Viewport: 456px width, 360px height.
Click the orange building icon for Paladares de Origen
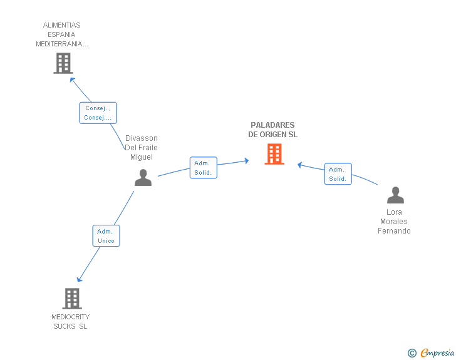[274, 154]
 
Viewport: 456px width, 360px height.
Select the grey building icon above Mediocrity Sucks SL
[72, 299]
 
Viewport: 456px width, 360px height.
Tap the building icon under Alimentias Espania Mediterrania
[63, 63]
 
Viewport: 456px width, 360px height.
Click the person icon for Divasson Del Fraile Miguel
[143, 177]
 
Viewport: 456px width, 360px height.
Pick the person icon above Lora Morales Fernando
[395, 195]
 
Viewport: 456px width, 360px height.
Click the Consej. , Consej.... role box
[98, 113]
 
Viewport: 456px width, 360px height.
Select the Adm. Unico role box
[106, 236]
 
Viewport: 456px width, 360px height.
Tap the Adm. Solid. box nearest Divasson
[204, 168]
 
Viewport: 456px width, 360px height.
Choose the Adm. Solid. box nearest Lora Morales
[338, 174]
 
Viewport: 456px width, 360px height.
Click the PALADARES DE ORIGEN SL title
[273, 130]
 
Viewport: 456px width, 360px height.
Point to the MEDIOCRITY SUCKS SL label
[70, 321]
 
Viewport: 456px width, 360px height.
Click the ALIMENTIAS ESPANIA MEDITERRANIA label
[62, 34]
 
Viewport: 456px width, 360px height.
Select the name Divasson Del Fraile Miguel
[142, 147]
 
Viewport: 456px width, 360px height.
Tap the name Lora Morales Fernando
[394, 221]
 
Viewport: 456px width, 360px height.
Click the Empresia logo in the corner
[437, 352]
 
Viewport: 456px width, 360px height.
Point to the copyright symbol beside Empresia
[412, 353]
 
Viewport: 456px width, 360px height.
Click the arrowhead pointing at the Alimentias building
[72, 80]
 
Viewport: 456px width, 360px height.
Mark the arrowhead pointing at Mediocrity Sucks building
[79, 280]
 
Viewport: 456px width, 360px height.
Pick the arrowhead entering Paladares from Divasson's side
[247, 161]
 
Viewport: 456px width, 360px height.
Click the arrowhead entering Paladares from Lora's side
[299, 165]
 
